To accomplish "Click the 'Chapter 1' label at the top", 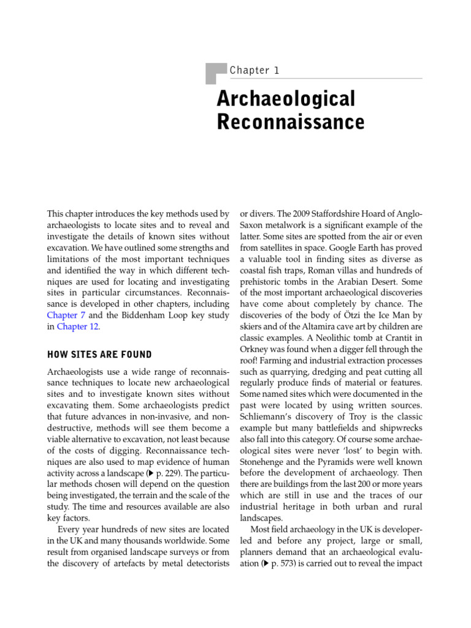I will pos(254,71).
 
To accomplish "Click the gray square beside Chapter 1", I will pos(215,73).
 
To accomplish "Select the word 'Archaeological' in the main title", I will pos(286,99).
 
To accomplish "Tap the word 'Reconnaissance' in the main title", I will pos(291,122).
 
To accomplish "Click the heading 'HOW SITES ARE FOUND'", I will pos(100,354).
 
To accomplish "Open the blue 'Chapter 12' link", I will pos(77,327).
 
